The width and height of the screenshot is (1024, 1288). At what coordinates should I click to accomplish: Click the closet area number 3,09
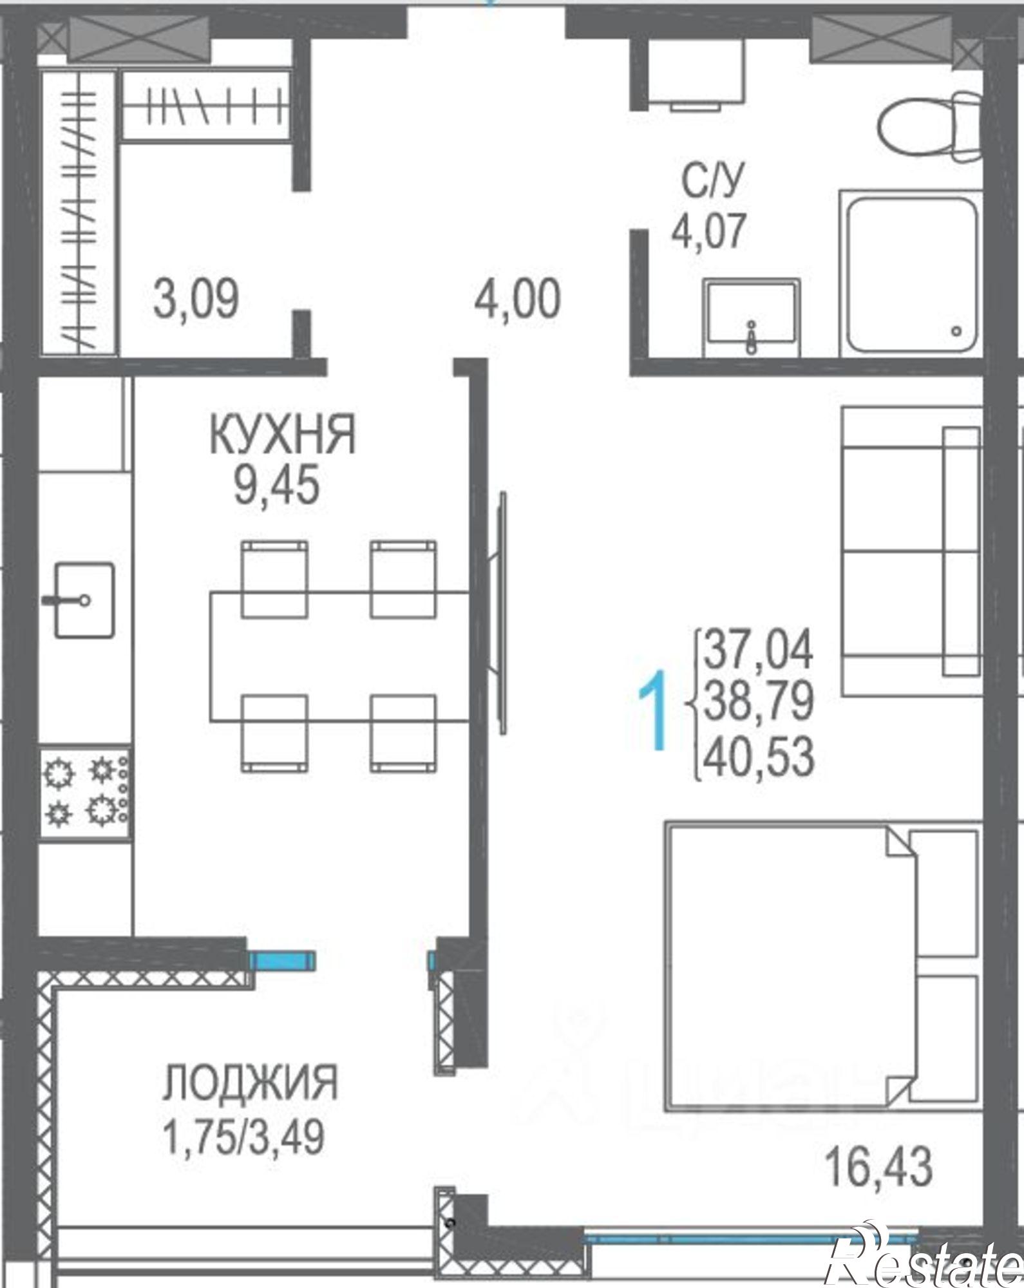(196, 299)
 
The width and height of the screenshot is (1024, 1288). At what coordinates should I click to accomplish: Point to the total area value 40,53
(759, 757)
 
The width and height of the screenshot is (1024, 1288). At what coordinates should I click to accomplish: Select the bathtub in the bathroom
(911, 274)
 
